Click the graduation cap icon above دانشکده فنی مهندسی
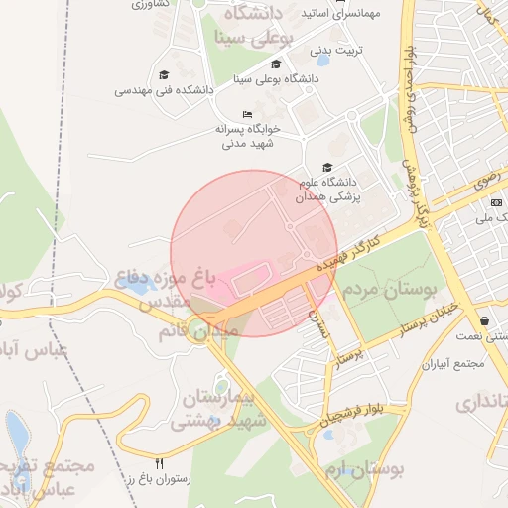pos(164,74)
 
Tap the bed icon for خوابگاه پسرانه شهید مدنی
pos(247,114)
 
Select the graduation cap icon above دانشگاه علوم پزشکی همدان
pos(326,167)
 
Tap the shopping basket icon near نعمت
pos(484,320)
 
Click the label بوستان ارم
pos(369,469)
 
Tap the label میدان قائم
pos(198,331)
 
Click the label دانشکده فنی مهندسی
pos(165,89)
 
